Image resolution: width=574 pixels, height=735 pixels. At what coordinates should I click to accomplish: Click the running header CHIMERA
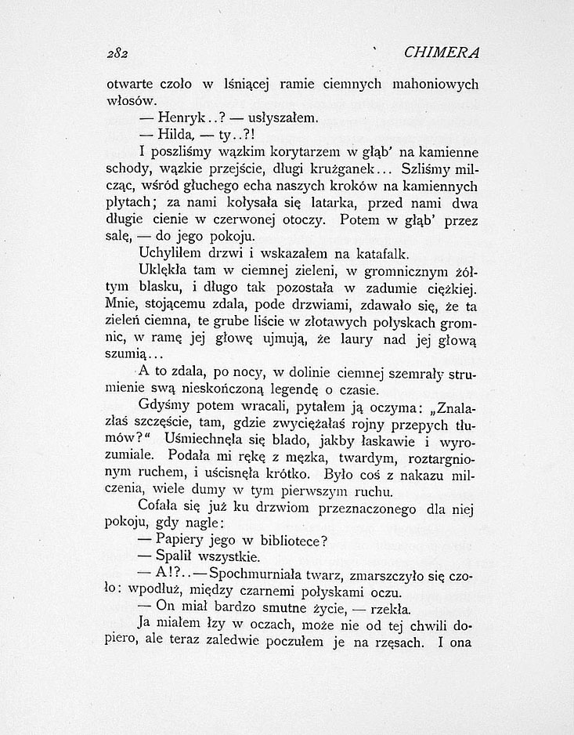(442, 52)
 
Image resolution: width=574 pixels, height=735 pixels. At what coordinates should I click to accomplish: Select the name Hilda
(175, 134)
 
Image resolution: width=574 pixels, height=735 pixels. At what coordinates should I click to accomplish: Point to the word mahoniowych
(435, 83)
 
